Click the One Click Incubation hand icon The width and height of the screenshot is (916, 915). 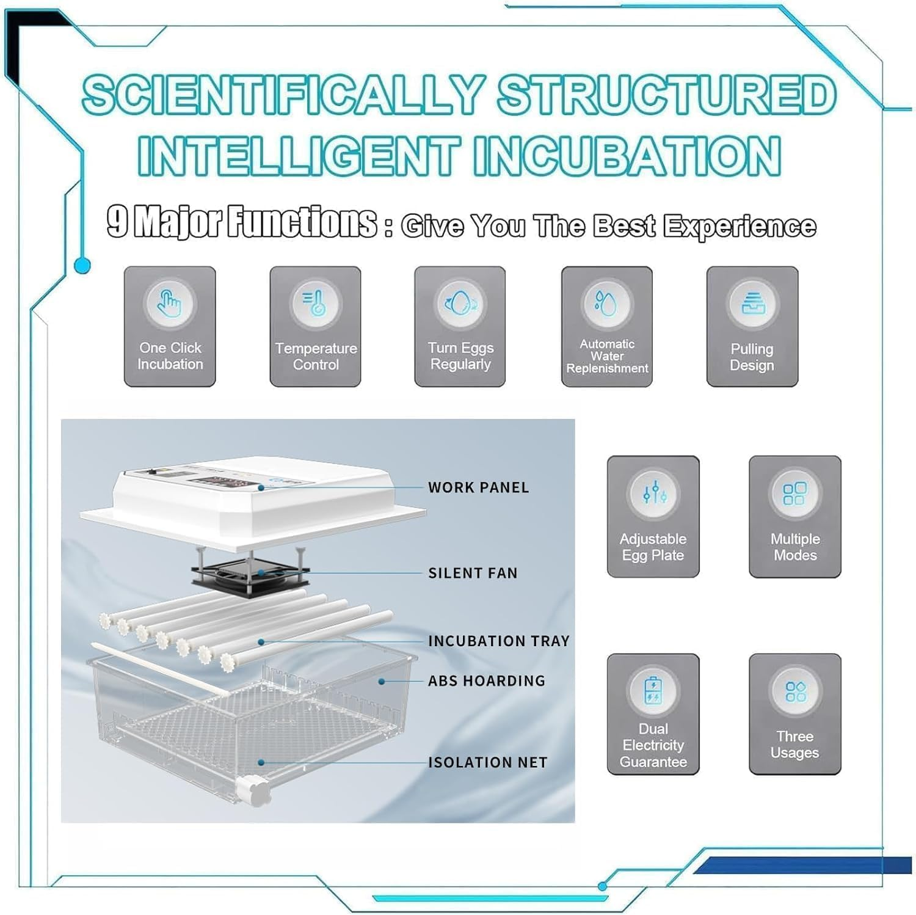(170, 303)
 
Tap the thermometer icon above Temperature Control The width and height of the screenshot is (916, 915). (315, 303)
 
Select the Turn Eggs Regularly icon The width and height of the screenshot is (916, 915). (460, 303)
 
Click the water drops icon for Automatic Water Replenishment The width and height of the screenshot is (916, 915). (606, 303)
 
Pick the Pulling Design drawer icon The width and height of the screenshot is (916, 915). (752, 303)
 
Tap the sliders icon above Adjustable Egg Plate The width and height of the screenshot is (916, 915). (653, 494)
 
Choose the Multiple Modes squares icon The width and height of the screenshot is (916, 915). (794, 494)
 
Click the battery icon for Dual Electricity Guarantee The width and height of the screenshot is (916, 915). (653, 690)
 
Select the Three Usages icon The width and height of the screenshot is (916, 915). (795, 691)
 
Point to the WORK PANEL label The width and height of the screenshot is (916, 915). (478, 487)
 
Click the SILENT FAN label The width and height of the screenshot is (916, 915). (473, 573)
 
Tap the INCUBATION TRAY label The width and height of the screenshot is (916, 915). (498, 641)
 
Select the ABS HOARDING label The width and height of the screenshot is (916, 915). (486, 680)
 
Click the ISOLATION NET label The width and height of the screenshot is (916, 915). (487, 762)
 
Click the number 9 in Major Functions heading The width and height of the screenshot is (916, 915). (117, 221)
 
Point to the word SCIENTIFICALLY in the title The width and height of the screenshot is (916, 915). (283, 95)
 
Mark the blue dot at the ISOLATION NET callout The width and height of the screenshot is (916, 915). (261, 762)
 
